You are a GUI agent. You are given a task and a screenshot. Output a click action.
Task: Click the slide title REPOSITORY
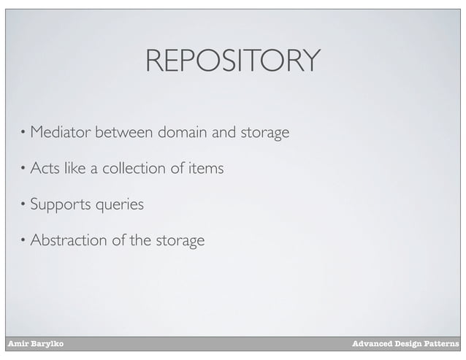coord(232,61)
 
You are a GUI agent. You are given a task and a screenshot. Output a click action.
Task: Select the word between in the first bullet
coord(123,133)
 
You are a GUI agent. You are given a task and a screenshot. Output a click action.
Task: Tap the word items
coord(205,169)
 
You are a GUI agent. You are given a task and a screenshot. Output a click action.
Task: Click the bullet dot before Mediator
coord(23,134)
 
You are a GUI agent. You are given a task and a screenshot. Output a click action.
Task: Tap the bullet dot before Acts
coord(23,169)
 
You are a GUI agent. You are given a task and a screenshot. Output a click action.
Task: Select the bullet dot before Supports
coord(23,205)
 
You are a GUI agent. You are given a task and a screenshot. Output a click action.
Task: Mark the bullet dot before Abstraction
coord(23,240)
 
